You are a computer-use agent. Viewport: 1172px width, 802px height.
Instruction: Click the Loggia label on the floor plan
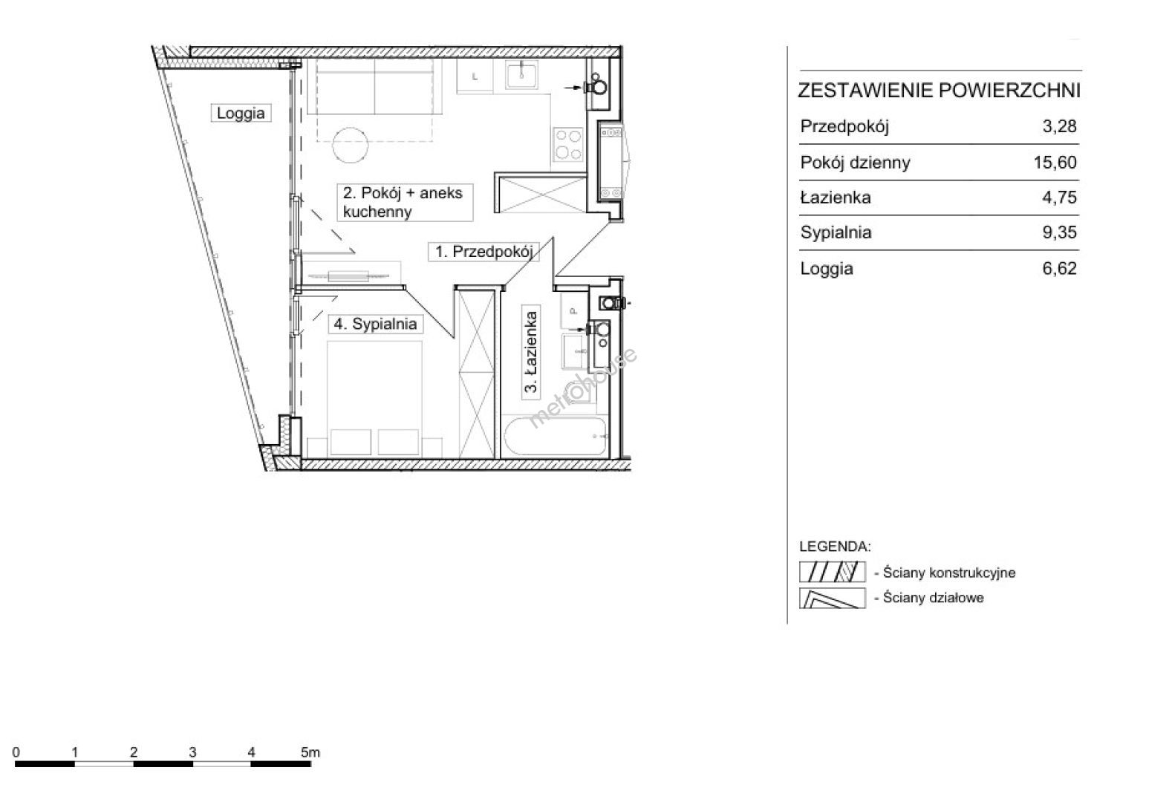241,113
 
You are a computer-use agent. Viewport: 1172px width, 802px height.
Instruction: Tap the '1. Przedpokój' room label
484,252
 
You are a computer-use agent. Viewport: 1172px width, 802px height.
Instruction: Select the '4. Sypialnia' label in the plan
375,324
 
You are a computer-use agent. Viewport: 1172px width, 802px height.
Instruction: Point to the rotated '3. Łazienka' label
531,351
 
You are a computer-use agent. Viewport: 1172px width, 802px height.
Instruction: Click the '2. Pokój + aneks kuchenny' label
403,203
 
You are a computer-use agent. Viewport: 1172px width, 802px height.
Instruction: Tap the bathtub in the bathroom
555,437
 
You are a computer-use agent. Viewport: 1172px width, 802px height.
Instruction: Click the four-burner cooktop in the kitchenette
568,144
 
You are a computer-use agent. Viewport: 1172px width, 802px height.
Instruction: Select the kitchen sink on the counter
521,75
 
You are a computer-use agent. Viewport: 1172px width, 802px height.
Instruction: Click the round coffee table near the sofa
350,145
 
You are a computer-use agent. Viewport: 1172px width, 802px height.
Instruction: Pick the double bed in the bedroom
374,399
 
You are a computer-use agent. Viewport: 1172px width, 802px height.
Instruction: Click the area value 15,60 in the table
1055,163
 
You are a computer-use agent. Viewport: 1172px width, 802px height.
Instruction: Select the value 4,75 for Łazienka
1059,198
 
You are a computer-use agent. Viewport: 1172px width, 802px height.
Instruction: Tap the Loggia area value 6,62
1059,268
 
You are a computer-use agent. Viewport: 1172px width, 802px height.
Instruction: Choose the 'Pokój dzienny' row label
855,163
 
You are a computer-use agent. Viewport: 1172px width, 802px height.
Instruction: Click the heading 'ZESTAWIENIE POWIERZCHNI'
939,91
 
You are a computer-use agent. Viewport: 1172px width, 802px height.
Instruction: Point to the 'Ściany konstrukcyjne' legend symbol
832,572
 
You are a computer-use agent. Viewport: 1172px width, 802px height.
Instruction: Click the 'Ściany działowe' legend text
934,598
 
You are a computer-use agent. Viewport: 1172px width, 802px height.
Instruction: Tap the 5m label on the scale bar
310,752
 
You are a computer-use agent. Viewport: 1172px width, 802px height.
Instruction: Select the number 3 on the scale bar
192,752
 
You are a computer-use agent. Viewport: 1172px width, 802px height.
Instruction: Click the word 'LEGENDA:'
835,547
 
